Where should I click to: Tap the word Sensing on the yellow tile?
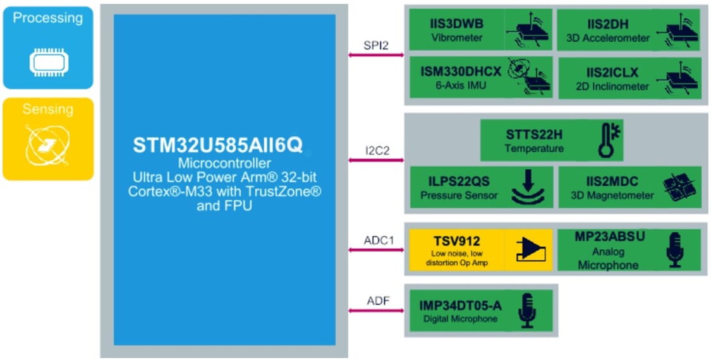point(48,109)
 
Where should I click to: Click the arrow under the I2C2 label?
point(376,160)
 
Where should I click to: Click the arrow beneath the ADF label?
point(376,310)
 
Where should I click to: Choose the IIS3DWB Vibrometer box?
point(480,30)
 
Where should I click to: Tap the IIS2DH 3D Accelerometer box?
point(628,30)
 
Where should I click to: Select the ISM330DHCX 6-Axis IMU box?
point(480,78)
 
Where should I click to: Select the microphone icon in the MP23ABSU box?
point(675,249)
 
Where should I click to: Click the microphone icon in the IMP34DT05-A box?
point(526,309)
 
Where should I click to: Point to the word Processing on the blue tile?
point(48,18)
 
